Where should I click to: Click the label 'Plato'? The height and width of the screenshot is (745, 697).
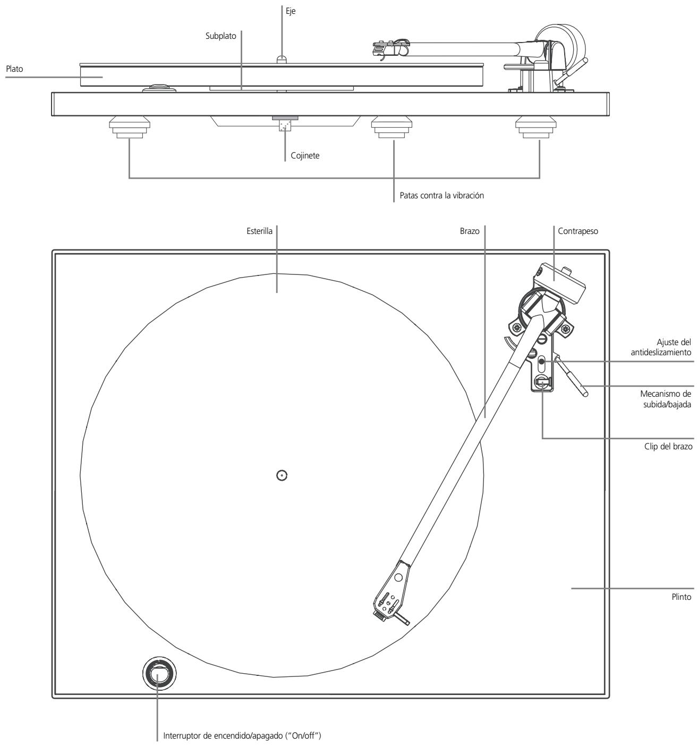coord(14,69)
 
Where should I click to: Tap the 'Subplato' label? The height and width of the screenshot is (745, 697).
coord(221,36)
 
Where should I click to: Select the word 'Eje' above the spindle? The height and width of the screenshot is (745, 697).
coord(291,11)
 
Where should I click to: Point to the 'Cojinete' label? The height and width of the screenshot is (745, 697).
coord(305,156)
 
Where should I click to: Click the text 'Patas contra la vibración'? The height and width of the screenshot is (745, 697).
coord(441,196)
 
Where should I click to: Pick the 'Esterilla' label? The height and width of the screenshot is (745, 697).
coord(259,231)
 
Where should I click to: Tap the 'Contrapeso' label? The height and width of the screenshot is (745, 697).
coord(578,231)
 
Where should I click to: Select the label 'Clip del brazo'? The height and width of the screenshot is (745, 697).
coord(668,446)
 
